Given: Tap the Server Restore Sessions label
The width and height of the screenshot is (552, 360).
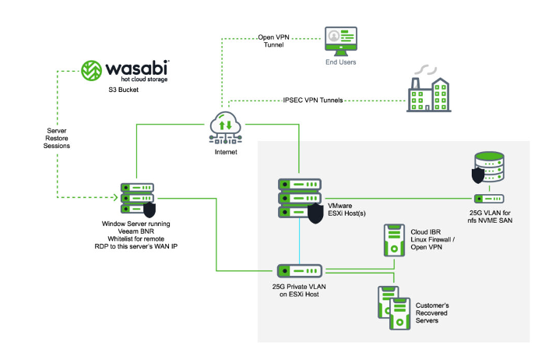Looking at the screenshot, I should [x=57, y=139].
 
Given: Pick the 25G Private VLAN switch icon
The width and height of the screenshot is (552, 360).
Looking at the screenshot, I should [x=299, y=270].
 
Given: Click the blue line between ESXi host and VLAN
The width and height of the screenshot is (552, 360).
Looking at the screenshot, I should [x=299, y=242].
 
